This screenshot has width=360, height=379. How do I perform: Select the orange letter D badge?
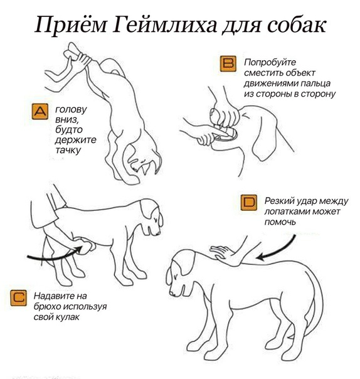[250, 202]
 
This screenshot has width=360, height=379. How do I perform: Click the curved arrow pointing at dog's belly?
[53, 254]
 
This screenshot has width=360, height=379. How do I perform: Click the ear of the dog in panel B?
[261, 135]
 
